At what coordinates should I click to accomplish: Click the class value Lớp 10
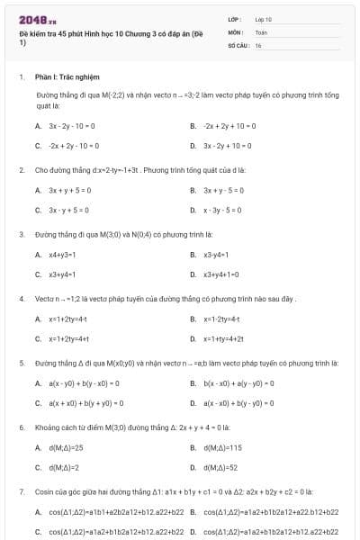click(263, 18)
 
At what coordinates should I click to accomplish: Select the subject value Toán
click(261, 31)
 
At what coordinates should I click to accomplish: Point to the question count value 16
click(258, 44)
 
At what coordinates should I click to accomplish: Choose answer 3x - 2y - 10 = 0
click(72, 126)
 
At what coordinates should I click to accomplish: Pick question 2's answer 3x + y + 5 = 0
click(69, 190)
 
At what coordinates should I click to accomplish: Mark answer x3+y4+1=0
click(221, 274)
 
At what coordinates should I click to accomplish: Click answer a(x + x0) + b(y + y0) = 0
click(86, 403)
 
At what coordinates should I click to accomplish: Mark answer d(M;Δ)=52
click(220, 468)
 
